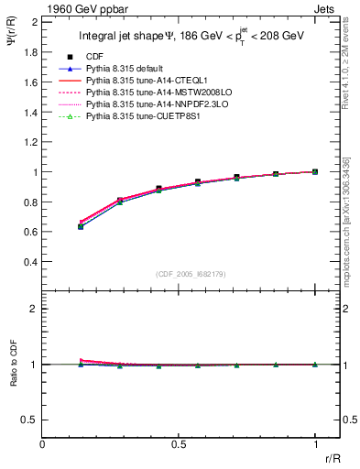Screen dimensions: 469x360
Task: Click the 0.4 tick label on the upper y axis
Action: (31, 262)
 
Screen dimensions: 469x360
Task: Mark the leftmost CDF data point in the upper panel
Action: (81, 226)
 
